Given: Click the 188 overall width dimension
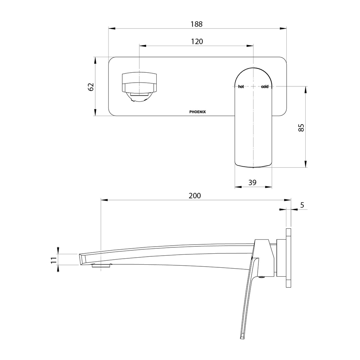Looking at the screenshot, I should tap(196, 24).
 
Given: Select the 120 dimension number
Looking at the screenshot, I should tap(197, 41).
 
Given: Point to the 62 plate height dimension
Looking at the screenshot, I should tap(91, 87).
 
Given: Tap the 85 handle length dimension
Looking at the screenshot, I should tap(301, 128).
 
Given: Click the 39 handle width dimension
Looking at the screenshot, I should tap(252, 182).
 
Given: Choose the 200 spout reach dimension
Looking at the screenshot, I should tap(195, 196).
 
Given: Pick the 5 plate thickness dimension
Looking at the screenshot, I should tap(302, 205).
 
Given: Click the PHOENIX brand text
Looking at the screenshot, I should tap(197, 112).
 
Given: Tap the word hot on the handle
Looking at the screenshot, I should tap(241, 87).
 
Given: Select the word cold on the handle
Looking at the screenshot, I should tap(265, 87).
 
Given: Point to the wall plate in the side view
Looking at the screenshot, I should tap(288, 258).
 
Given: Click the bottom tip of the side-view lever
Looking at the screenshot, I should tap(242, 338).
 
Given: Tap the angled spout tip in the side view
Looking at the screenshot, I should tap(82, 260).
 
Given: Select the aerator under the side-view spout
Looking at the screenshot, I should tap(101, 266).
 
